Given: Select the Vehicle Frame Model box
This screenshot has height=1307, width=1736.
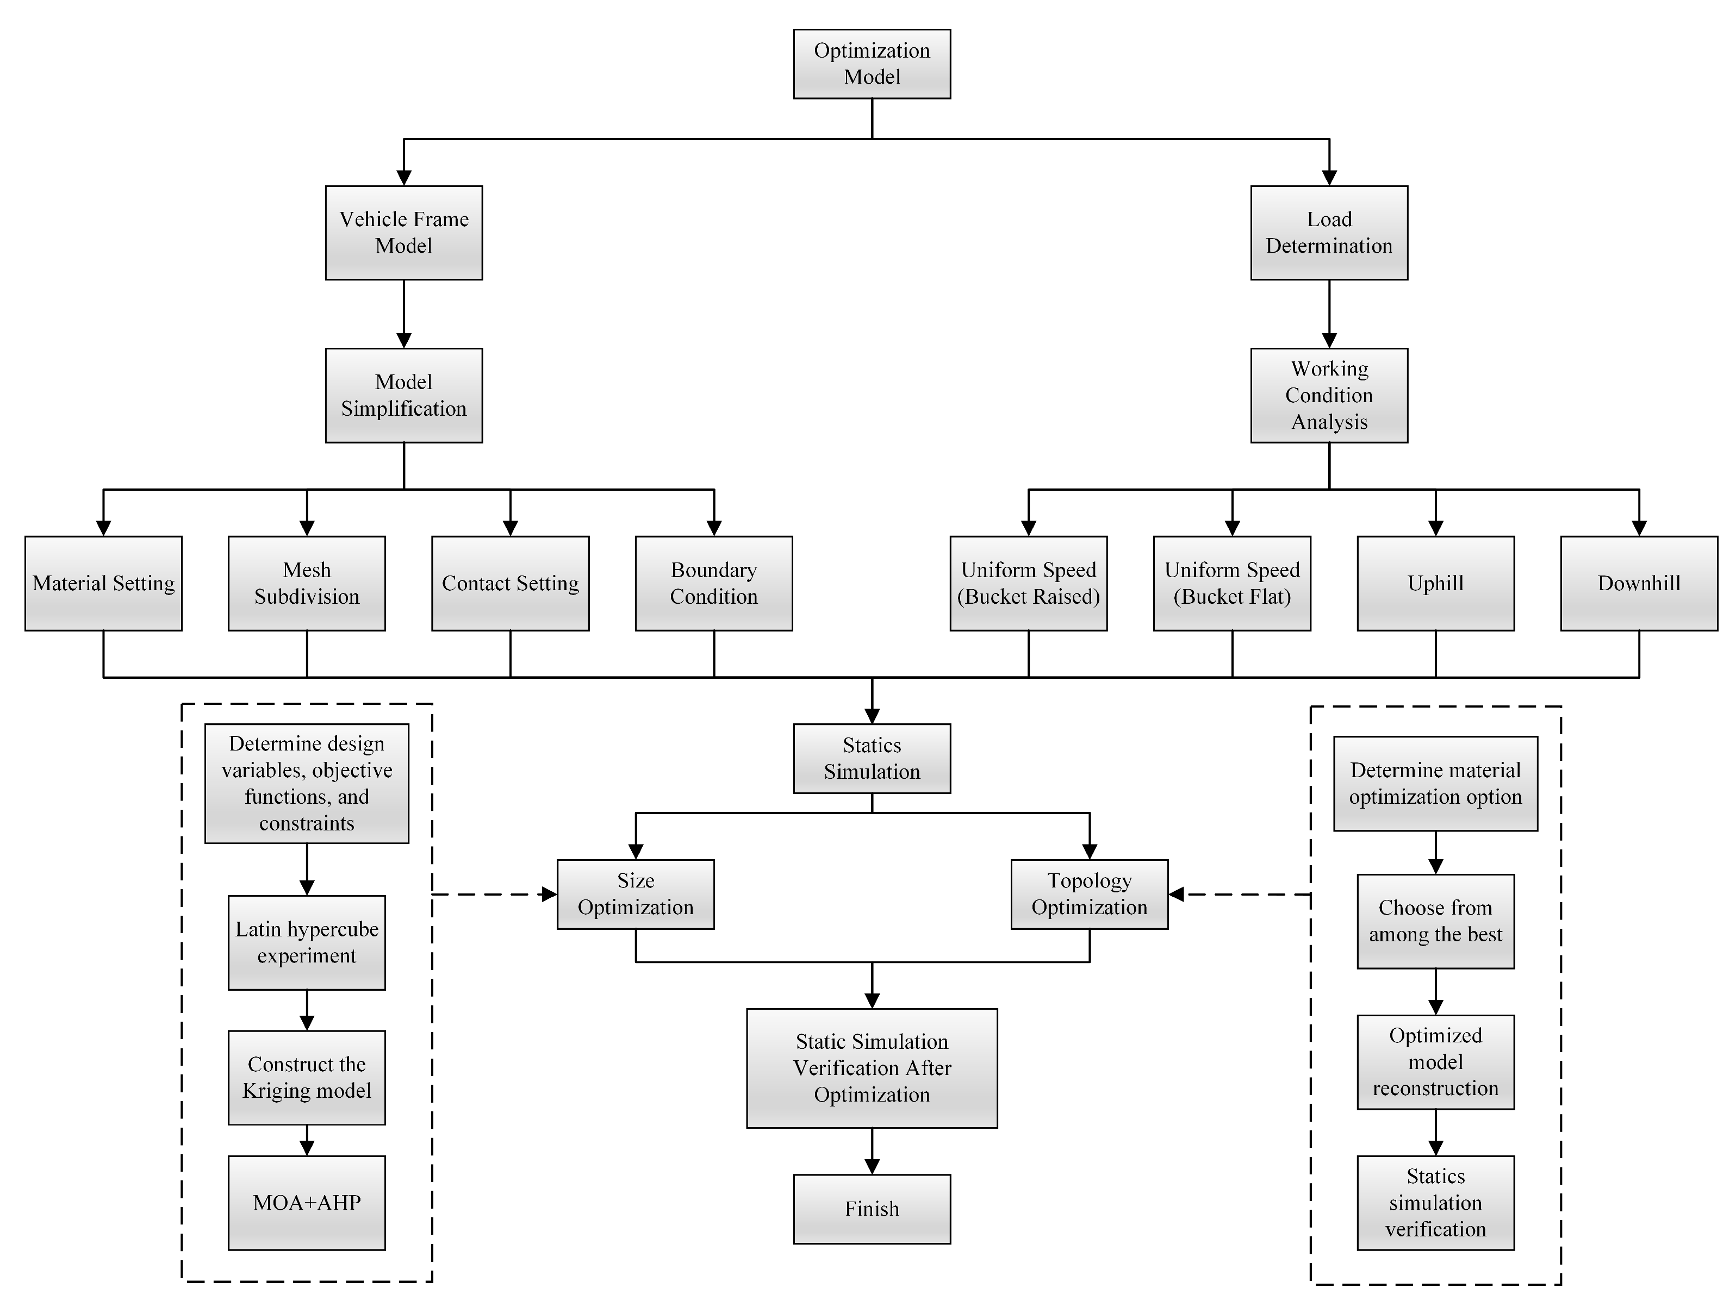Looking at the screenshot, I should (x=403, y=232).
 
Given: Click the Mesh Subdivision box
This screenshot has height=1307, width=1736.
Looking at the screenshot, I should (x=306, y=583).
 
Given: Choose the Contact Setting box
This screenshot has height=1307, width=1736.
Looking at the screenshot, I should (x=510, y=583).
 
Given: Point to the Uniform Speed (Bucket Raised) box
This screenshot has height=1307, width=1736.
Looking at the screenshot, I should (x=1028, y=583).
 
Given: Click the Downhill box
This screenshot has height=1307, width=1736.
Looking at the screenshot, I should (x=1639, y=583).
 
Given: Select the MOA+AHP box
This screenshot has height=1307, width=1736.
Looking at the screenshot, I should (x=306, y=1202).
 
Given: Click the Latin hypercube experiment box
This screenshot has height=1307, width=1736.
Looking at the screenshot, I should (x=306, y=942).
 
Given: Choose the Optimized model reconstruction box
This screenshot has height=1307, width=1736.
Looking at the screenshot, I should (x=1435, y=1061).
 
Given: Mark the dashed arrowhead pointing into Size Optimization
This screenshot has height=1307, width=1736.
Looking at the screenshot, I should (x=549, y=895).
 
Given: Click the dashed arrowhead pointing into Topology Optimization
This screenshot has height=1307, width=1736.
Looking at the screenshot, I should (x=1177, y=895).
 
